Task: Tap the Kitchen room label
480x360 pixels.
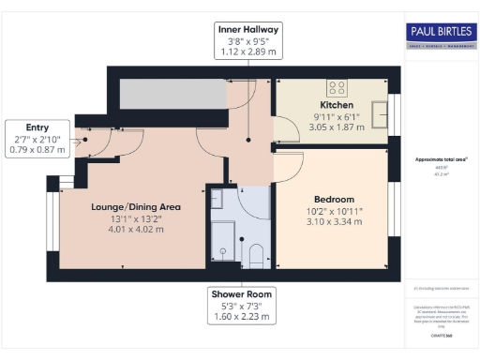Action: point(337,105)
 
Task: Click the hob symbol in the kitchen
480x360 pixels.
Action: point(337,88)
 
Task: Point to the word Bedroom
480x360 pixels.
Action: point(334,200)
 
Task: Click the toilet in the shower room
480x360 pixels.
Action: point(255,253)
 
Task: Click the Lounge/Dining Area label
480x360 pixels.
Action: point(135,206)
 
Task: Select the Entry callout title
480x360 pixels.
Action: point(37,127)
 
